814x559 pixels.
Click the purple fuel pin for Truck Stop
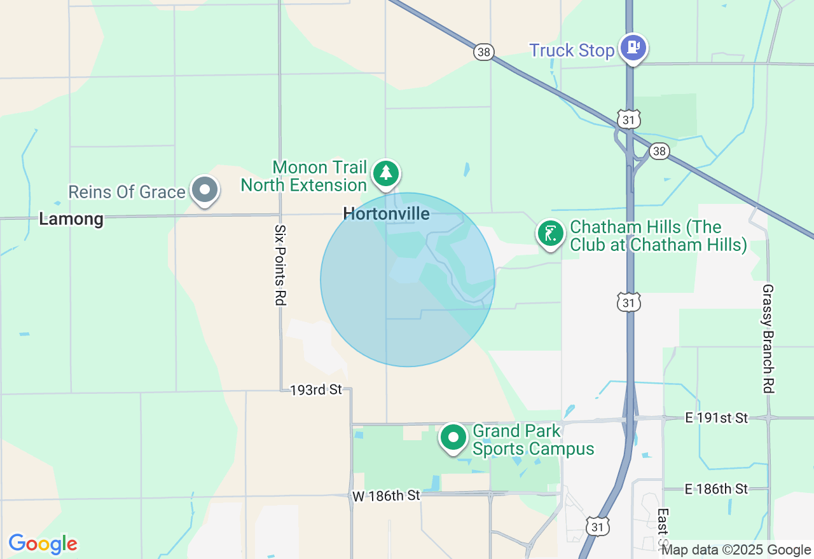[x=633, y=48]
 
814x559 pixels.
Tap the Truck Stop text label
[x=572, y=51]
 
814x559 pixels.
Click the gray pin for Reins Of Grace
[x=205, y=190]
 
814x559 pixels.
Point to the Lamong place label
[x=71, y=220]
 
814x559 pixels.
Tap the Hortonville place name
[x=386, y=214]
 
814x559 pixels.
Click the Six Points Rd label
[x=279, y=265]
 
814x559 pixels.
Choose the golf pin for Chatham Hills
[x=550, y=233]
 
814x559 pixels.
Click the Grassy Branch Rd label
[x=768, y=339]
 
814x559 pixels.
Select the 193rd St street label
[x=316, y=389]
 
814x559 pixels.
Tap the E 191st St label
[x=716, y=418]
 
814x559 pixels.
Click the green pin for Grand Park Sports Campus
[x=453, y=438]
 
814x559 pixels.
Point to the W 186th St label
[x=387, y=495]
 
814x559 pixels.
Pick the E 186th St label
[x=716, y=489]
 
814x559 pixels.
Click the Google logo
[x=43, y=544]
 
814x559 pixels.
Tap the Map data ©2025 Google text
[x=736, y=550]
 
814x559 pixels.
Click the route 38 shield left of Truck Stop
[x=483, y=52]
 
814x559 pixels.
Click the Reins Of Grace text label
[x=127, y=192]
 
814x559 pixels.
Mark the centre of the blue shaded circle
[x=408, y=279]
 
